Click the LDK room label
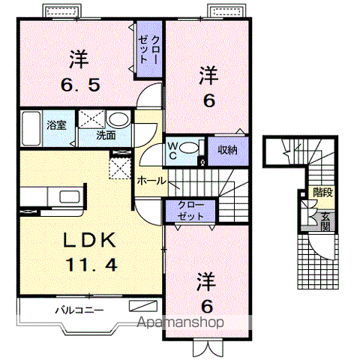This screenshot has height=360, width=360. coord(88,241)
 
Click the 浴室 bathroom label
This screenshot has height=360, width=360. coord(56,124)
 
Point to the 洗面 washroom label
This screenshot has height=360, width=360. coord(106,136)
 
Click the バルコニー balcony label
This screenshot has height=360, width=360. coord(79,309)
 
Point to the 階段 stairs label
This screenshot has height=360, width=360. coord(324,192)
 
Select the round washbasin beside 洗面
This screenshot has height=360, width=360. coord(118,120)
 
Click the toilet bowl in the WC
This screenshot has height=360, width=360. coord(190,147)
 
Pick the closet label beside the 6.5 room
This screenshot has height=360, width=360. coord(145,49)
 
